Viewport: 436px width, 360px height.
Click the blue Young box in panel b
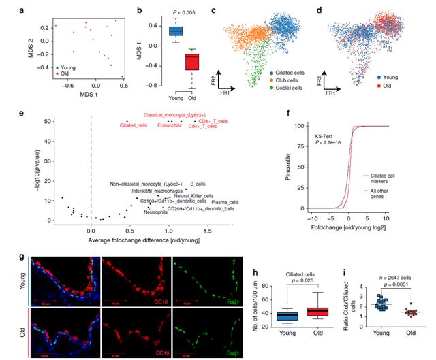(x=176, y=31)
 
